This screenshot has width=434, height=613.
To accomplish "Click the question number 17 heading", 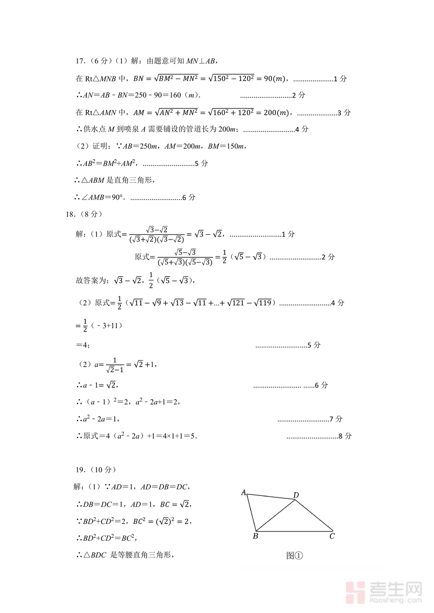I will [x=81, y=61].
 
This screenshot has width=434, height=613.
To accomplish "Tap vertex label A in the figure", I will [x=244, y=493].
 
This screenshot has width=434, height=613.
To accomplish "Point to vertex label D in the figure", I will [x=296, y=495].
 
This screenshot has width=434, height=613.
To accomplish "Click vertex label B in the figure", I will [x=256, y=536].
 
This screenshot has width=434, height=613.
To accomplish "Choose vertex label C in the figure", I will [x=332, y=536].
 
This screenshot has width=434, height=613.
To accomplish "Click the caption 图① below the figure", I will [x=295, y=556].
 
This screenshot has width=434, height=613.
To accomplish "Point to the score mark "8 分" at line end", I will [x=345, y=436].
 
